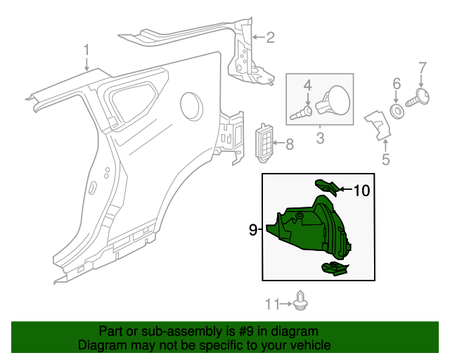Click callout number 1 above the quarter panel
(x=86, y=50)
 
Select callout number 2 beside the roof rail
(x=270, y=38)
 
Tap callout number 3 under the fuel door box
(x=320, y=138)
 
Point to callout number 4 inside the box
(x=307, y=86)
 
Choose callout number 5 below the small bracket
(x=385, y=160)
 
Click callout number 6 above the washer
(x=397, y=84)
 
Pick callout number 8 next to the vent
(x=290, y=145)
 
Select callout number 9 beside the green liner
(x=252, y=229)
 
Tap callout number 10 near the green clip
(x=361, y=189)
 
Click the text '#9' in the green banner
(x=246, y=331)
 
